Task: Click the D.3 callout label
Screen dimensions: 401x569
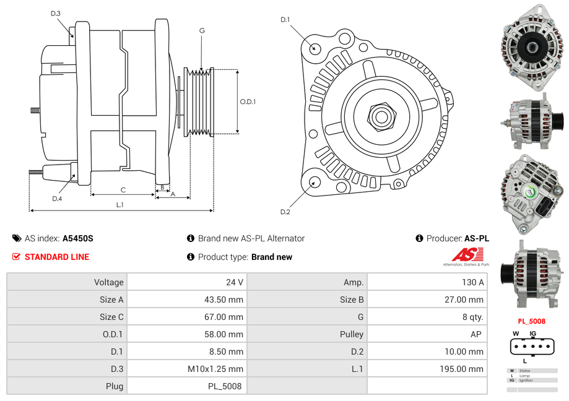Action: pyautogui.click(x=56, y=14)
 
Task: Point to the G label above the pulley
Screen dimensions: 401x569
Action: pyautogui.click(x=202, y=30)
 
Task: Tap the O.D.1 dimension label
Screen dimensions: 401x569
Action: pyautogui.click(x=248, y=101)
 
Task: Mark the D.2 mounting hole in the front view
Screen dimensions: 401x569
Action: pyautogui.click(x=315, y=182)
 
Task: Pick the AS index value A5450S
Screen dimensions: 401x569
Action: pyautogui.click(x=78, y=238)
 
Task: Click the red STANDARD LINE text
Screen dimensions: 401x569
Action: pyautogui.click(x=56, y=257)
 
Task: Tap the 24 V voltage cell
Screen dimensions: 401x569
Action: pyautogui.click(x=235, y=282)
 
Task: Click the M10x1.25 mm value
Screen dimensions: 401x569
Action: pyautogui.click(x=215, y=369)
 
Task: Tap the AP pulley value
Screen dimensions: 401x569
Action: pyautogui.click(x=477, y=334)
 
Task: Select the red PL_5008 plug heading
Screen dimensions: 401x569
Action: pyautogui.click(x=531, y=321)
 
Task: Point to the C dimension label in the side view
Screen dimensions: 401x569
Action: pyautogui.click(x=123, y=190)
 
